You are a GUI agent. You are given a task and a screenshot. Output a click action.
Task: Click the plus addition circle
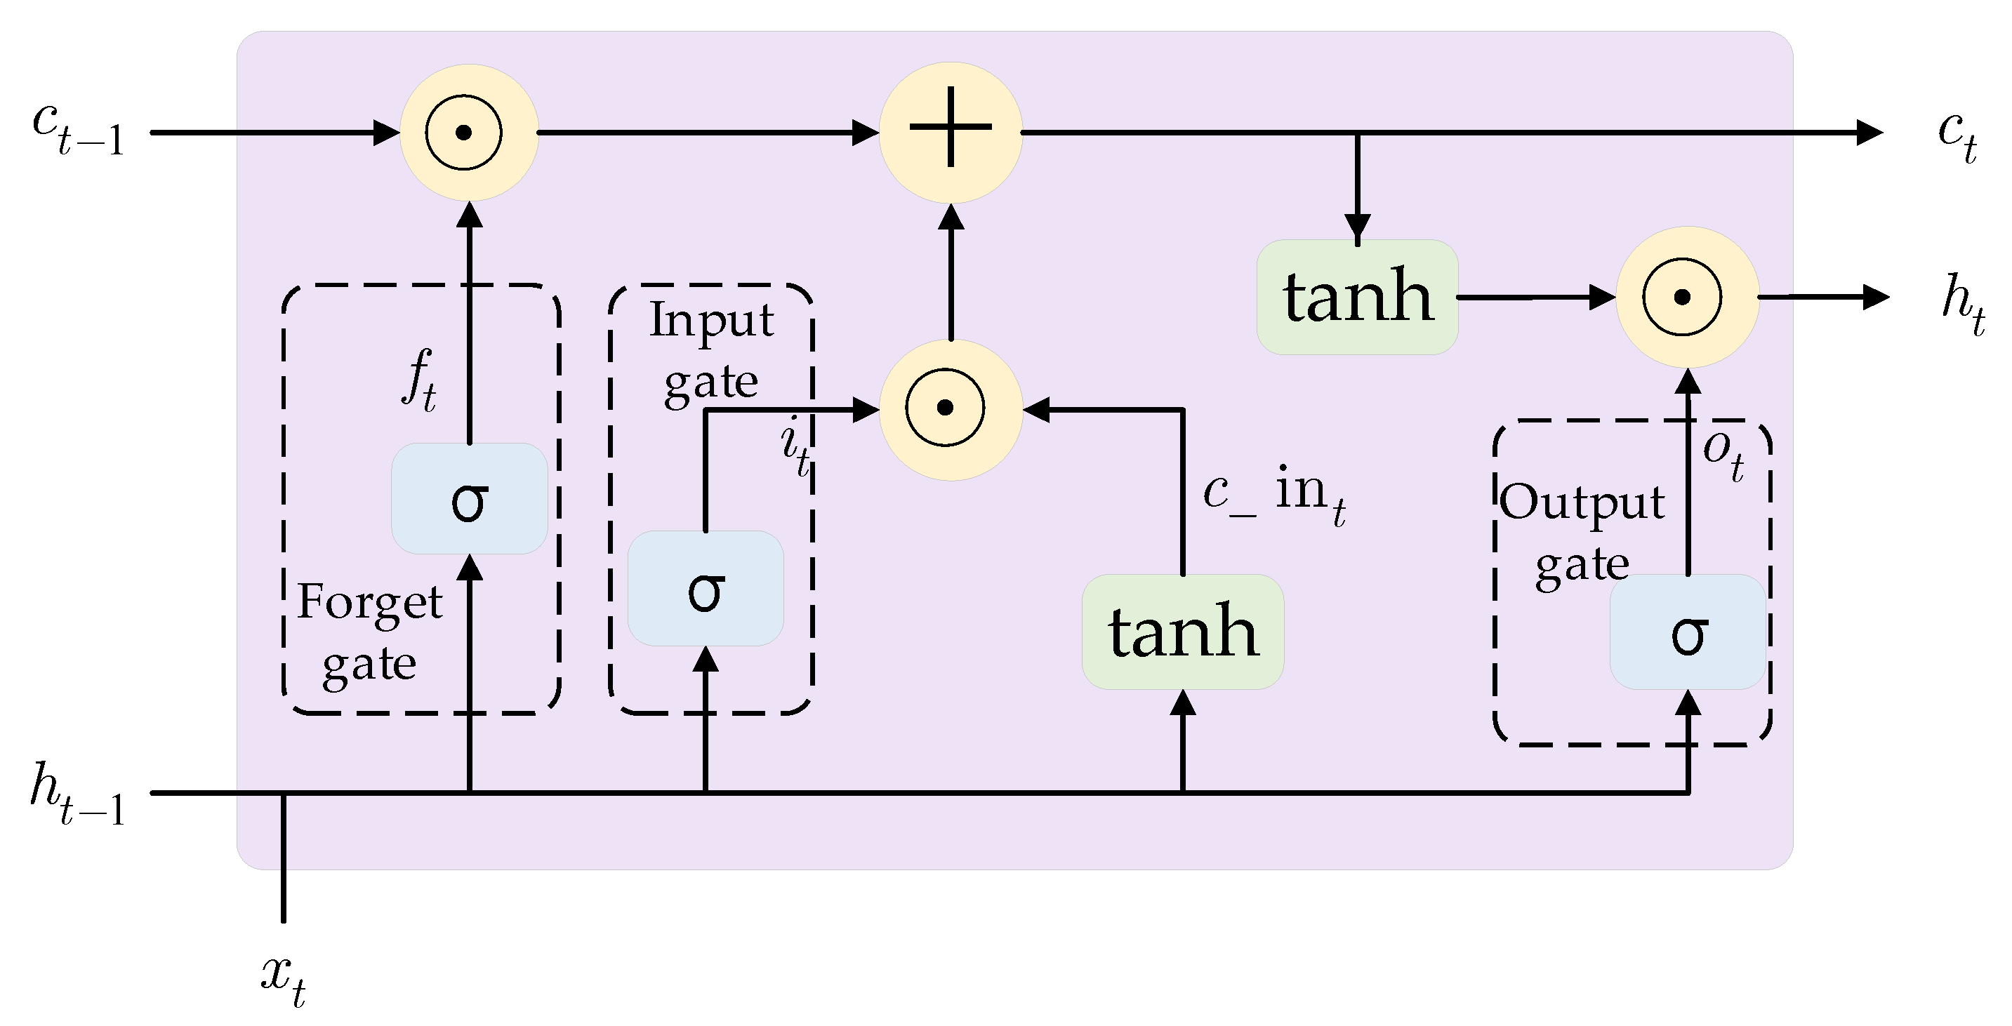tap(951, 132)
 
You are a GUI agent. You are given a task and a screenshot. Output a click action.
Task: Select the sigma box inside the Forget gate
tap(470, 499)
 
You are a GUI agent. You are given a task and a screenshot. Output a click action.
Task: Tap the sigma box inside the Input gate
tap(706, 589)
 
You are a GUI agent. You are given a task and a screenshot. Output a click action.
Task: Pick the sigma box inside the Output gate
tap(1688, 632)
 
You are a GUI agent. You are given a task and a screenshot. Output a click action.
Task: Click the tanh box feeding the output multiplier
tap(1358, 297)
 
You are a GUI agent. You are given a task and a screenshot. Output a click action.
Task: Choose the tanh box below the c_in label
tap(1182, 632)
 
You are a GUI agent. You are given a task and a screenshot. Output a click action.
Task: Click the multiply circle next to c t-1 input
tap(469, 133)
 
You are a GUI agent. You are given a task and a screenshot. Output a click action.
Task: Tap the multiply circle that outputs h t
tap(1687, 298)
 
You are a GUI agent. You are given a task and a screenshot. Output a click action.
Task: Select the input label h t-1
tap(77, 794)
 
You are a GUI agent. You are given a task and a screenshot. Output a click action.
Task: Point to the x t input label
tap(283, 979)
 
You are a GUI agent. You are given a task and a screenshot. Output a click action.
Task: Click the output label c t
tap(1957, 134)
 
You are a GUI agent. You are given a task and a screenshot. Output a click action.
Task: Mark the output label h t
tap(1963, 301)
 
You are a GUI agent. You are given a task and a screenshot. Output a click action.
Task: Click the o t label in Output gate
tap(1723, 453)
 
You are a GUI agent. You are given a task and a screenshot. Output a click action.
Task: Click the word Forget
tap(369, 603)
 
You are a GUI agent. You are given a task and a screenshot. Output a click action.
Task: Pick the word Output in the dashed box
tap(1582, 501)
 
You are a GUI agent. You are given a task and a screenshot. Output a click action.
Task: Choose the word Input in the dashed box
tap(710, 321)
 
